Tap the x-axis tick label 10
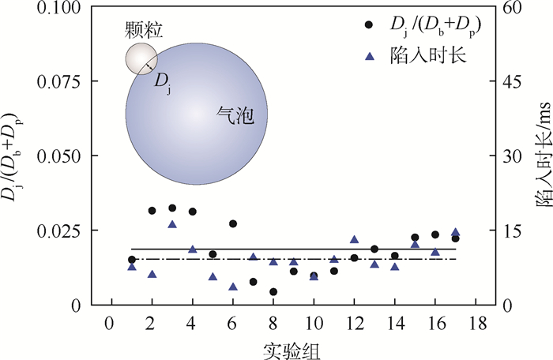point(313,323)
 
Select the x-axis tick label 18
point(476,323)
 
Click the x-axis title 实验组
point(292,347)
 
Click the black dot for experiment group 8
point(273,291)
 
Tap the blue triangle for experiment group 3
point(171,224)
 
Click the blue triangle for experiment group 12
point(354,239)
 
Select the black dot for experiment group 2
point(152,210)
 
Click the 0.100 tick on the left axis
point(66,7)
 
